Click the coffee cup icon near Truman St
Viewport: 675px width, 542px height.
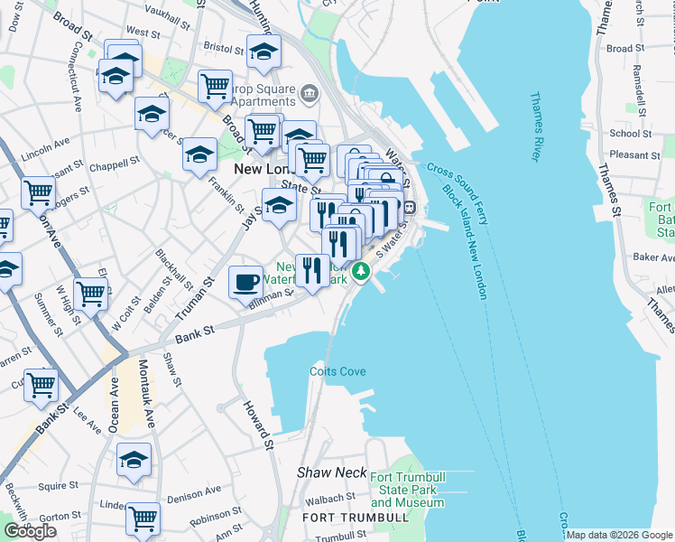[x=245, y=282]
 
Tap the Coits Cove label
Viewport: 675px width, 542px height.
[x=337, y=371]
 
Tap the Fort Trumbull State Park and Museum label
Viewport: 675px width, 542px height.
[x=405, y=490]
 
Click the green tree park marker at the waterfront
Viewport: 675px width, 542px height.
[x=362, y=270]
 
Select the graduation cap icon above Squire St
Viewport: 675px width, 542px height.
[x=134, y=460]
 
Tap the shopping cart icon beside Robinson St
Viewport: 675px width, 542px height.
[x=143, y=518]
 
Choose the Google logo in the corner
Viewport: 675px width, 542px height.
[x=30, y=531]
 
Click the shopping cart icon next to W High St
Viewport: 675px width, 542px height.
[x=90, y=294]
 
